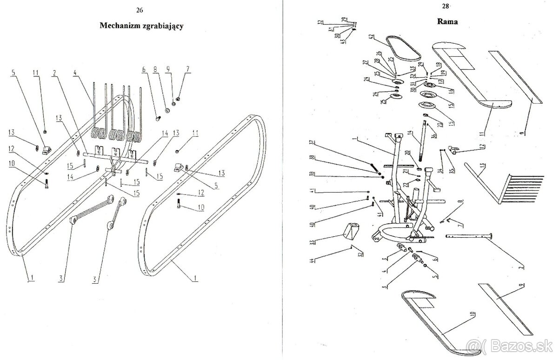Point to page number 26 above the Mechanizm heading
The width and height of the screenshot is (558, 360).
(139, 10)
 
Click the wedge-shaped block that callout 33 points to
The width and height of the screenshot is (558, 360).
(352, 232)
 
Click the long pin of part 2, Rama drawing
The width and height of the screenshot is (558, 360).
(470, 236)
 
